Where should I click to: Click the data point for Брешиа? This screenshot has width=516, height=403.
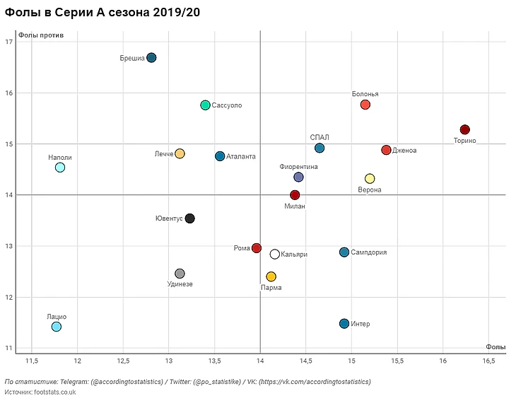pyautogui.click(x=151, y=57)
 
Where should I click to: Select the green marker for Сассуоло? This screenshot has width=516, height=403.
pyautogui.click(x=205, y=105)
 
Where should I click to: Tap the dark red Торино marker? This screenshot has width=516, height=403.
pyautogui.click(x=464, y=129)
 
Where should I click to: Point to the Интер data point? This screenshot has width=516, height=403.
pyautogui.click(x=344, y=323)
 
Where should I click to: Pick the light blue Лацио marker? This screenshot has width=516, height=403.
pyautogui.click(x=57, y=326)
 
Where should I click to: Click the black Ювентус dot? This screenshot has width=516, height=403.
pyautogui.click(x=189, y=218)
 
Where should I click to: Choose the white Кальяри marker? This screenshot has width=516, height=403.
pyautogui.click(x=274, y=254)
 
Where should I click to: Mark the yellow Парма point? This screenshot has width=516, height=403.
pyautogui.click(x=271, y=276)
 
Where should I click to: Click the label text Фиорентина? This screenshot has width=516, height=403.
pyautogui.click(x=298, y=167)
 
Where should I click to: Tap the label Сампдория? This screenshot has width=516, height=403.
pyautogui.click(x=368, y=252)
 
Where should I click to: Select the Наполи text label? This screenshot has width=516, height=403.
pyautogui.click(x=60, y=158)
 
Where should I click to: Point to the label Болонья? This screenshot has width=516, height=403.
pyautogui.click(x=365, y=94)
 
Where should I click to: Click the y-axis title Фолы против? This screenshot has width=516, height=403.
pyautogui.click(x=41, y=35)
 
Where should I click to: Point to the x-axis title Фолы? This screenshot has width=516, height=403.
pyautogui.click(x=496, y=346)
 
